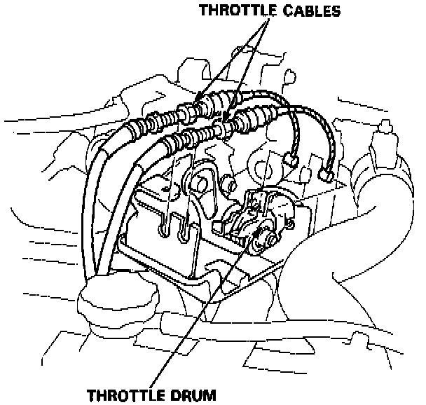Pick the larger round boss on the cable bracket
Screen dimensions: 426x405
199,182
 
